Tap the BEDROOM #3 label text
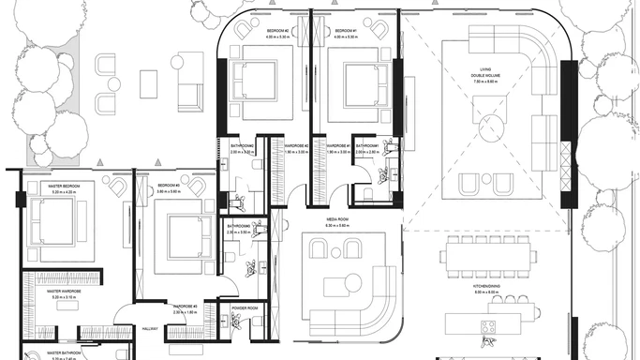pyautogui.click(x=169, y=186)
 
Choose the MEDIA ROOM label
pyautogui.click(x=336, y=220)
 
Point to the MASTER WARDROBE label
pyautogui.click(x=65, y=292)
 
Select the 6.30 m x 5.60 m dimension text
pyautogui.click(x=336, y=227)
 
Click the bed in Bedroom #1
pyautogui.click(x=357, y=85)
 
